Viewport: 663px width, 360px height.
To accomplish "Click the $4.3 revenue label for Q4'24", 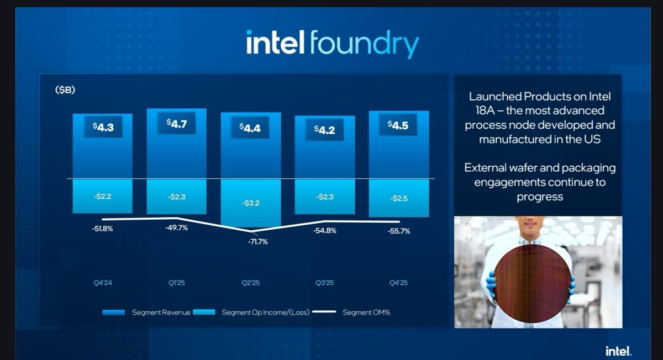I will tap(103, 126).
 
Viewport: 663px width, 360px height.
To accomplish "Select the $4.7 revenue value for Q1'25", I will tap(177, 124).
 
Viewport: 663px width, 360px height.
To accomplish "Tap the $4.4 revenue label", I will tap(250, 128).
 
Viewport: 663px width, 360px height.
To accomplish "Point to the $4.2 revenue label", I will tap(324, 130).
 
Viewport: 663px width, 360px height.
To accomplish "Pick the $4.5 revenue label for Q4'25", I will tap(398, 125).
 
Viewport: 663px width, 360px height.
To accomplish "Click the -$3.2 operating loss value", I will tap(250, 203).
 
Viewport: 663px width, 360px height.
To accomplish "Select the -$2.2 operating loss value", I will tap(103, 197).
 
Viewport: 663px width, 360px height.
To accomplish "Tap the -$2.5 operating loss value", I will tap(398, 198).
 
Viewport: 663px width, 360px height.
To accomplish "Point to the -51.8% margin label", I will tap(102, 229).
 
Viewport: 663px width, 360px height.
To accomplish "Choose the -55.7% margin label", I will tap(399, 232).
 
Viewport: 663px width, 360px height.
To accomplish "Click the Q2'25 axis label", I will tap(250, 283).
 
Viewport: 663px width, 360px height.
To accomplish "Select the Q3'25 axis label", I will tap(324, 283).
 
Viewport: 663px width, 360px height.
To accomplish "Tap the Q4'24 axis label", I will tap(103, 283).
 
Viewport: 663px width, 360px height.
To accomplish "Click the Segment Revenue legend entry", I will tap(161, 313).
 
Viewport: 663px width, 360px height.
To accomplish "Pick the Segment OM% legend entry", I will tap(366, 313).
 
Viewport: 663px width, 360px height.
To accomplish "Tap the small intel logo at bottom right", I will tap(618, 351).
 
